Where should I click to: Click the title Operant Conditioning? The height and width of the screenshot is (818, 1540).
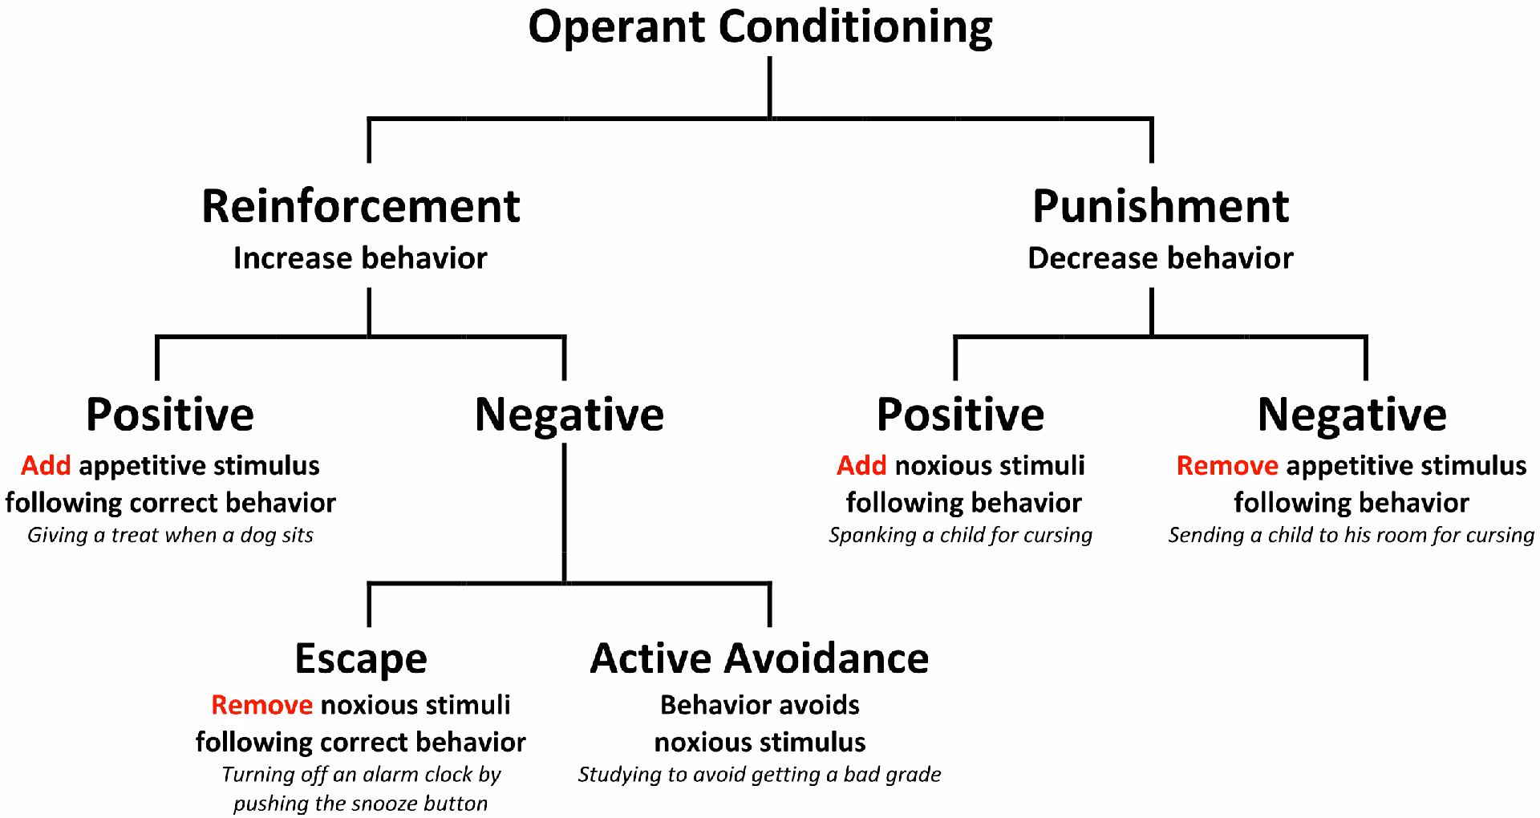pyautogui.click(x=760, y=27)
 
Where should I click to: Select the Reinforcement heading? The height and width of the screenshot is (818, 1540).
pyautogui.click(x=360, y=207)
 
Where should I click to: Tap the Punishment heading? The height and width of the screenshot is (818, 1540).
pyautogui.click(x=1160, y=207)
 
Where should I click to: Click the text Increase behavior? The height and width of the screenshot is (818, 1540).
pyautogui.click(x=360, y=258)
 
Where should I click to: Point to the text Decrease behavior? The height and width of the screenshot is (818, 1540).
pyautogui.click(x=1160, y=258)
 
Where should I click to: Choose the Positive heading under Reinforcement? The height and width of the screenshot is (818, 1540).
pyautogui.click(x=170, y=415)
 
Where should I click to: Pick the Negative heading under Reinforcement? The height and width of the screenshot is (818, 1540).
pyautogui.click(x=569, y=415)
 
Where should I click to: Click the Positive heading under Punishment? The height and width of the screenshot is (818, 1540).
pyautogui.click(x=960, y=415)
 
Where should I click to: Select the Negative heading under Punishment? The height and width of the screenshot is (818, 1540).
pyautogui.click(x=1352, y=415)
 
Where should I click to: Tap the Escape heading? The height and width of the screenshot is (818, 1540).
pyautogui.click(x=360, y=658)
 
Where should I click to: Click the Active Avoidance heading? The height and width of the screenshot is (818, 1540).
pyautogui.click(x=759, y=658)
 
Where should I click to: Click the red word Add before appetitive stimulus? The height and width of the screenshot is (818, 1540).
pyautogui.click(x=46, y=465)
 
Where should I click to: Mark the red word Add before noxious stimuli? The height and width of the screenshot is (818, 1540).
pyautogui.click(x=861, y=465)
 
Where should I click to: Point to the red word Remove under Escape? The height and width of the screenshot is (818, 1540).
pyautogui.click(x=261, y=705)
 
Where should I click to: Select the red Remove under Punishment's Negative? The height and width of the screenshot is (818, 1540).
pyautogui.click(x=1226, y=465)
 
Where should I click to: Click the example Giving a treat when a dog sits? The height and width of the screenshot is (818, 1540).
pyautogui.click(x=170, y=535)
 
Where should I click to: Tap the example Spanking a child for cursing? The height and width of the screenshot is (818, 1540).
pyautogui.click(x=960, y=535)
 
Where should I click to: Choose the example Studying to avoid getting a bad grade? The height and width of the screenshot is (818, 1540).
pyautogui.click(x=759, y=775)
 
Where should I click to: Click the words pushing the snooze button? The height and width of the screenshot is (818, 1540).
pyautogui.click(x=360, y=804)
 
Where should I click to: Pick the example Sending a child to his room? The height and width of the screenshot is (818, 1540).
pyautogui.click(x=1351, y=535)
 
